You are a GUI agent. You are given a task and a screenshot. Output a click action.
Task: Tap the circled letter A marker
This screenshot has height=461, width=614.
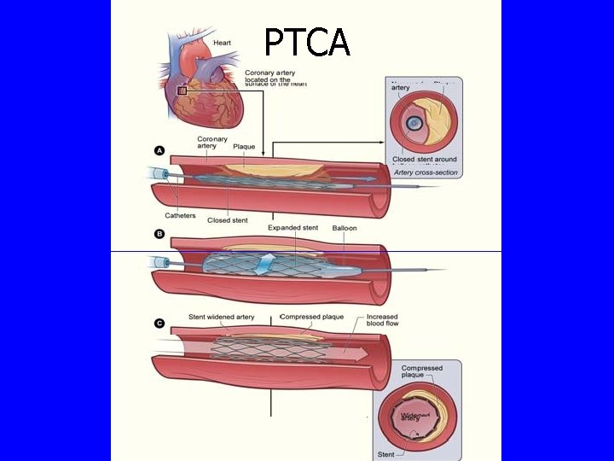[159, 150]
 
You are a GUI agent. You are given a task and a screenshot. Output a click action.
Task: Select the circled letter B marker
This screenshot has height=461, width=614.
[159, 232]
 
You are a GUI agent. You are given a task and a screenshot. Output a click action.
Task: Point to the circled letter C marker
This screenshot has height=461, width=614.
[159, 323]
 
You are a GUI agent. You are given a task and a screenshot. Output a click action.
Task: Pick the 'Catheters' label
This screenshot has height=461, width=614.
[180, 215]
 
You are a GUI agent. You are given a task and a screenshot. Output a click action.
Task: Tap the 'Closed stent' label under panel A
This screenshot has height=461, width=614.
[228, 220]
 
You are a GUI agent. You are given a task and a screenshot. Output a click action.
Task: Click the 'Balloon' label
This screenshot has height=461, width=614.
[345, 229]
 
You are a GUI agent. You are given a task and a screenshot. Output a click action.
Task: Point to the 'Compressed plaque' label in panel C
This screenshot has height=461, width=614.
[312, 317]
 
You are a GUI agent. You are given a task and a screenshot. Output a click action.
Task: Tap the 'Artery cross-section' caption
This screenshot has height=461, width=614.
[426, 172]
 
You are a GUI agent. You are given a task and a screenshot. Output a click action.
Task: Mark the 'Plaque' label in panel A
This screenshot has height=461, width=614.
[244, 147]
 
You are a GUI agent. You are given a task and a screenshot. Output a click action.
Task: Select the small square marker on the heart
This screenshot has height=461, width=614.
[182, 90]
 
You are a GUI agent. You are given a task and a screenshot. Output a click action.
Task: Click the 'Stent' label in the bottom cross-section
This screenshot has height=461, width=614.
[387, 455]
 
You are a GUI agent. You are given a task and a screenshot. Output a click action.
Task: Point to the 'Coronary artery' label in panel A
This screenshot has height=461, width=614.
[212, 143]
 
